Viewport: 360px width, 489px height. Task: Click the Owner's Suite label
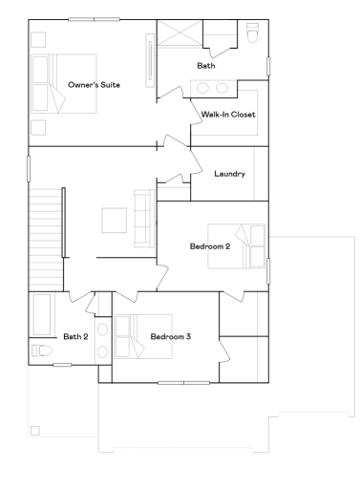(94, 85)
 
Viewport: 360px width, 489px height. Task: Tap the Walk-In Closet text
(228, 115)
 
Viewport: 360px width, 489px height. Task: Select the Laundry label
(230, 174)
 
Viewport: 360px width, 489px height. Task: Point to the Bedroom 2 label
(209, 246)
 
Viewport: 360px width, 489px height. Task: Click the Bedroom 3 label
(170, 336)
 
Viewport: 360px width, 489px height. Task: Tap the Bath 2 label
(75, 336)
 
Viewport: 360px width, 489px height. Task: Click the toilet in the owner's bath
(253, 36)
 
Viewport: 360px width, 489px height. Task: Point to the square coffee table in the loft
(115, 220)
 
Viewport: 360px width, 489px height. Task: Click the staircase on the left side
(46, 224)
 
